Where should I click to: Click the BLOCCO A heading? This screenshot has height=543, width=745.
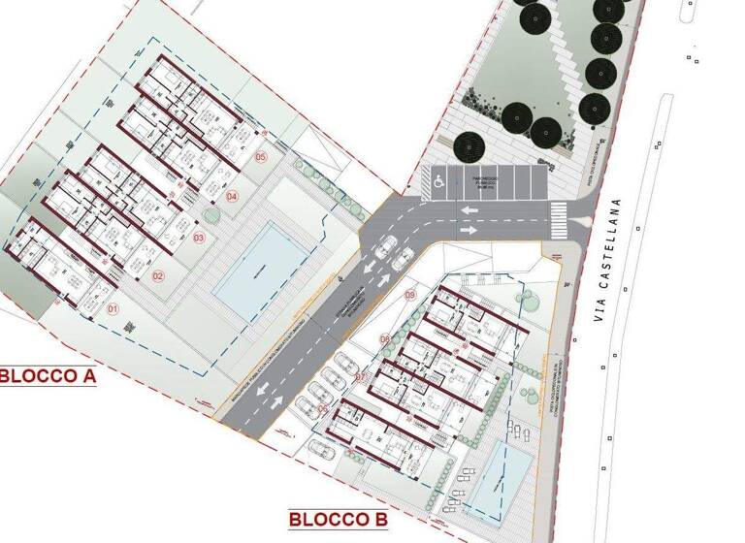coord(47,375)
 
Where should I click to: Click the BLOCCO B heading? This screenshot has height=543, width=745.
coord(338,521)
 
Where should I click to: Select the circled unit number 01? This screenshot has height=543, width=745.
coord(112,310)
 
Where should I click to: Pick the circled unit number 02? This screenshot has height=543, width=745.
coord(157,275)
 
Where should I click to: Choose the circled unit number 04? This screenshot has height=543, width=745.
coord(231,197)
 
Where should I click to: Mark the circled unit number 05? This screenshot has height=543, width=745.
coord(260,156)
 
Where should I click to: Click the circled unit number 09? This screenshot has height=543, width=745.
coord(409,295)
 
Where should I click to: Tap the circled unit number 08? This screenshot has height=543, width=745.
coord(385,338)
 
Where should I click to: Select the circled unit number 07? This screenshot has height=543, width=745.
coord(360,377)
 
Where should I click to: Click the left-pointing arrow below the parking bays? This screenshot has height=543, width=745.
coord(470,210)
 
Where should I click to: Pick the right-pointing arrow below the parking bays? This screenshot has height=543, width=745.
coord(470,231)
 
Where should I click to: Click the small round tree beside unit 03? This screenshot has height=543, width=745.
coord(210,214)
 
